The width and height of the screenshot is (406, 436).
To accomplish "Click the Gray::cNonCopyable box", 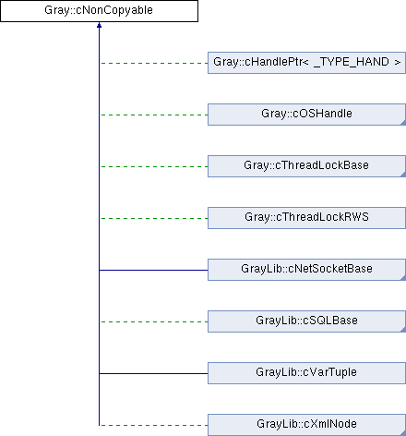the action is point(99,11).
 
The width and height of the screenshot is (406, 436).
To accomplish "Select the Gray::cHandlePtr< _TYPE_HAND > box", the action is point(306,63).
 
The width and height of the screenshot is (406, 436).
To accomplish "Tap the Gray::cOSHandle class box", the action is point(306,115).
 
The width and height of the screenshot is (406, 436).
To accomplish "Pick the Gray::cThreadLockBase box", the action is point(306,166).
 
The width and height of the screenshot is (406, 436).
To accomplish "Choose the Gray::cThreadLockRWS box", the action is point(306,218).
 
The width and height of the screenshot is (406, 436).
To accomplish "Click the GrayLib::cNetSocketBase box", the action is point(306,270).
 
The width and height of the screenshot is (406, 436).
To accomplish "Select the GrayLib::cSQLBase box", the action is point(306,321).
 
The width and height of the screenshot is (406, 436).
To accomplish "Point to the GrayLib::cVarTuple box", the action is point(306,373).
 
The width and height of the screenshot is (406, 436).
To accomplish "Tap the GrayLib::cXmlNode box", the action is point(306,425).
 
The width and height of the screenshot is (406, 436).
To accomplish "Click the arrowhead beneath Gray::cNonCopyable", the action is point(99,25).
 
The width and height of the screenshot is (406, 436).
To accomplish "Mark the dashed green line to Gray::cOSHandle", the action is point(154,115).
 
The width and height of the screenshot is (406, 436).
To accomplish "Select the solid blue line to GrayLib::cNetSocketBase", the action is point(153,270).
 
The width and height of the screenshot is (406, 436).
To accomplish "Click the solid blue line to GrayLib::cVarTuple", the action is point(153,373).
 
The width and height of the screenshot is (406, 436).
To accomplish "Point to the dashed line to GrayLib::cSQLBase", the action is point(154,321).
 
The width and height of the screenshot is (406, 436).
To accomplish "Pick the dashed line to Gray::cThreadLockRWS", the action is point(154,218).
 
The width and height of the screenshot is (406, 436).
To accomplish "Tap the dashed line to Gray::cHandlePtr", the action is point(154,63).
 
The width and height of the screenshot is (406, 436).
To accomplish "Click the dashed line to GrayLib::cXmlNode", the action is point(154,425).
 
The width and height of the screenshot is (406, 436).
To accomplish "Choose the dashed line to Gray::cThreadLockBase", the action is point(154,166).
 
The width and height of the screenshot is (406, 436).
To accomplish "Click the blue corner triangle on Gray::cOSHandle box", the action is point(403,123).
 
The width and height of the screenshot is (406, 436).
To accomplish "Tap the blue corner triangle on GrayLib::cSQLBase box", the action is point(403,330).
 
